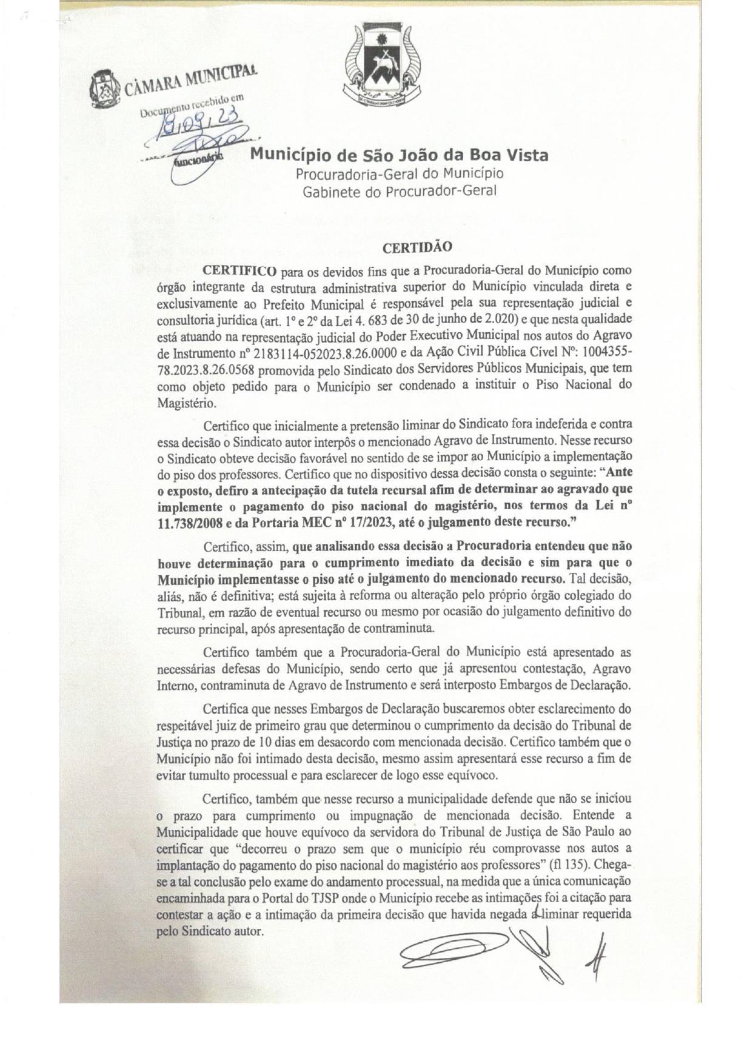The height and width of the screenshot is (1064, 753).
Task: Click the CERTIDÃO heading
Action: (418, 247)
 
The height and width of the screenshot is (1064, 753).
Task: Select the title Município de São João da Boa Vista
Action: (400, 155)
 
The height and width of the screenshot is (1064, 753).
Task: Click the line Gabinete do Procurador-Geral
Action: (400, 191)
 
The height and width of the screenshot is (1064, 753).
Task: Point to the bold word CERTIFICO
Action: (240, 269)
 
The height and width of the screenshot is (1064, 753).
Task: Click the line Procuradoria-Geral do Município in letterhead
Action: (400, 174)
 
